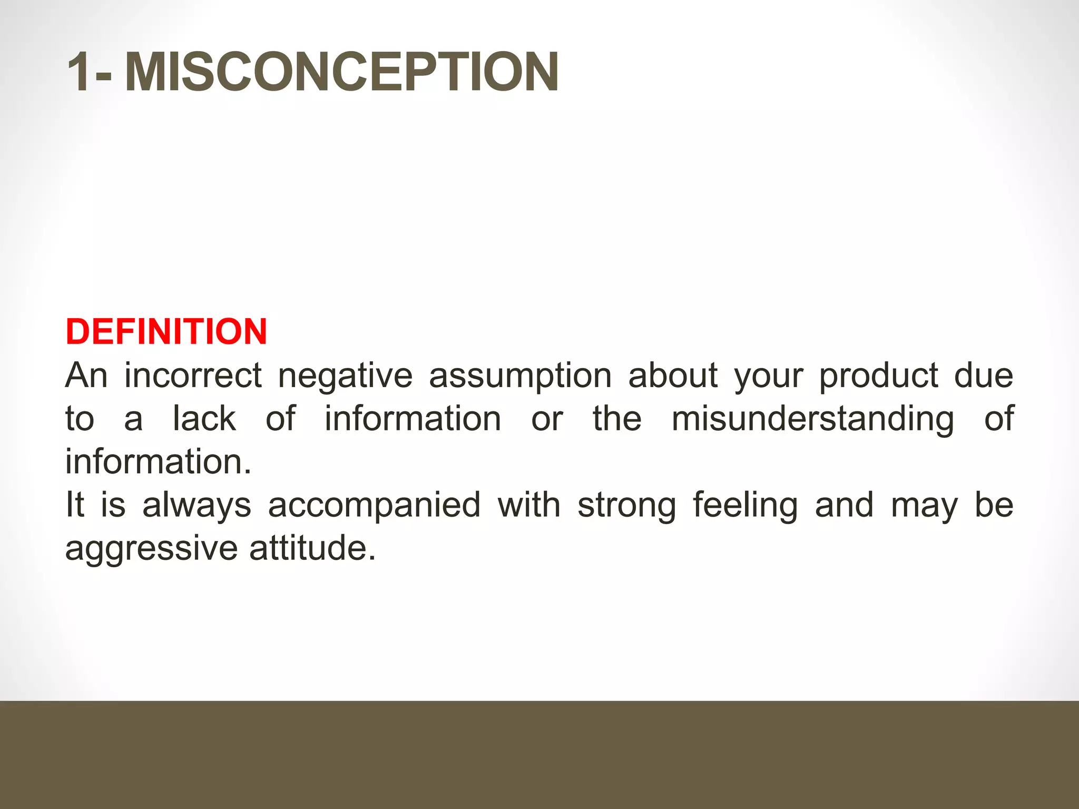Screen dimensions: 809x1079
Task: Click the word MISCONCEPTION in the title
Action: coord(341,72)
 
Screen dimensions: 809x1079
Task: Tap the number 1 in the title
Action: coord(79,72)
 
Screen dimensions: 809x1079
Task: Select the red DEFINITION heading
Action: coord(166,332)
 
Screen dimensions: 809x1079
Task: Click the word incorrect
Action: coord(193,376)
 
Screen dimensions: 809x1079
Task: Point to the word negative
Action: coord(345,376)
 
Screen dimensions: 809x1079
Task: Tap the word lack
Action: coord(204,419)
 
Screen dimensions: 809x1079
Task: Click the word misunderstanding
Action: coord(812,420)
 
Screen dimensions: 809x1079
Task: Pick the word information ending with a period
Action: coord(158,462)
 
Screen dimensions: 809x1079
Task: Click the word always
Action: coord(197,506)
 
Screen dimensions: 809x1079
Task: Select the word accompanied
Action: coord(374,506)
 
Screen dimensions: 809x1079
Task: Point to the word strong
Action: coord(626,506)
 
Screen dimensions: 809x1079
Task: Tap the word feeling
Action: coord(745,506)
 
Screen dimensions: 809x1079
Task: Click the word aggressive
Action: coord(151,549)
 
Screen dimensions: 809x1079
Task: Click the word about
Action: coord(673,376)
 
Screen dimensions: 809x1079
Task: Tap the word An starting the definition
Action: coord(86,376)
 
